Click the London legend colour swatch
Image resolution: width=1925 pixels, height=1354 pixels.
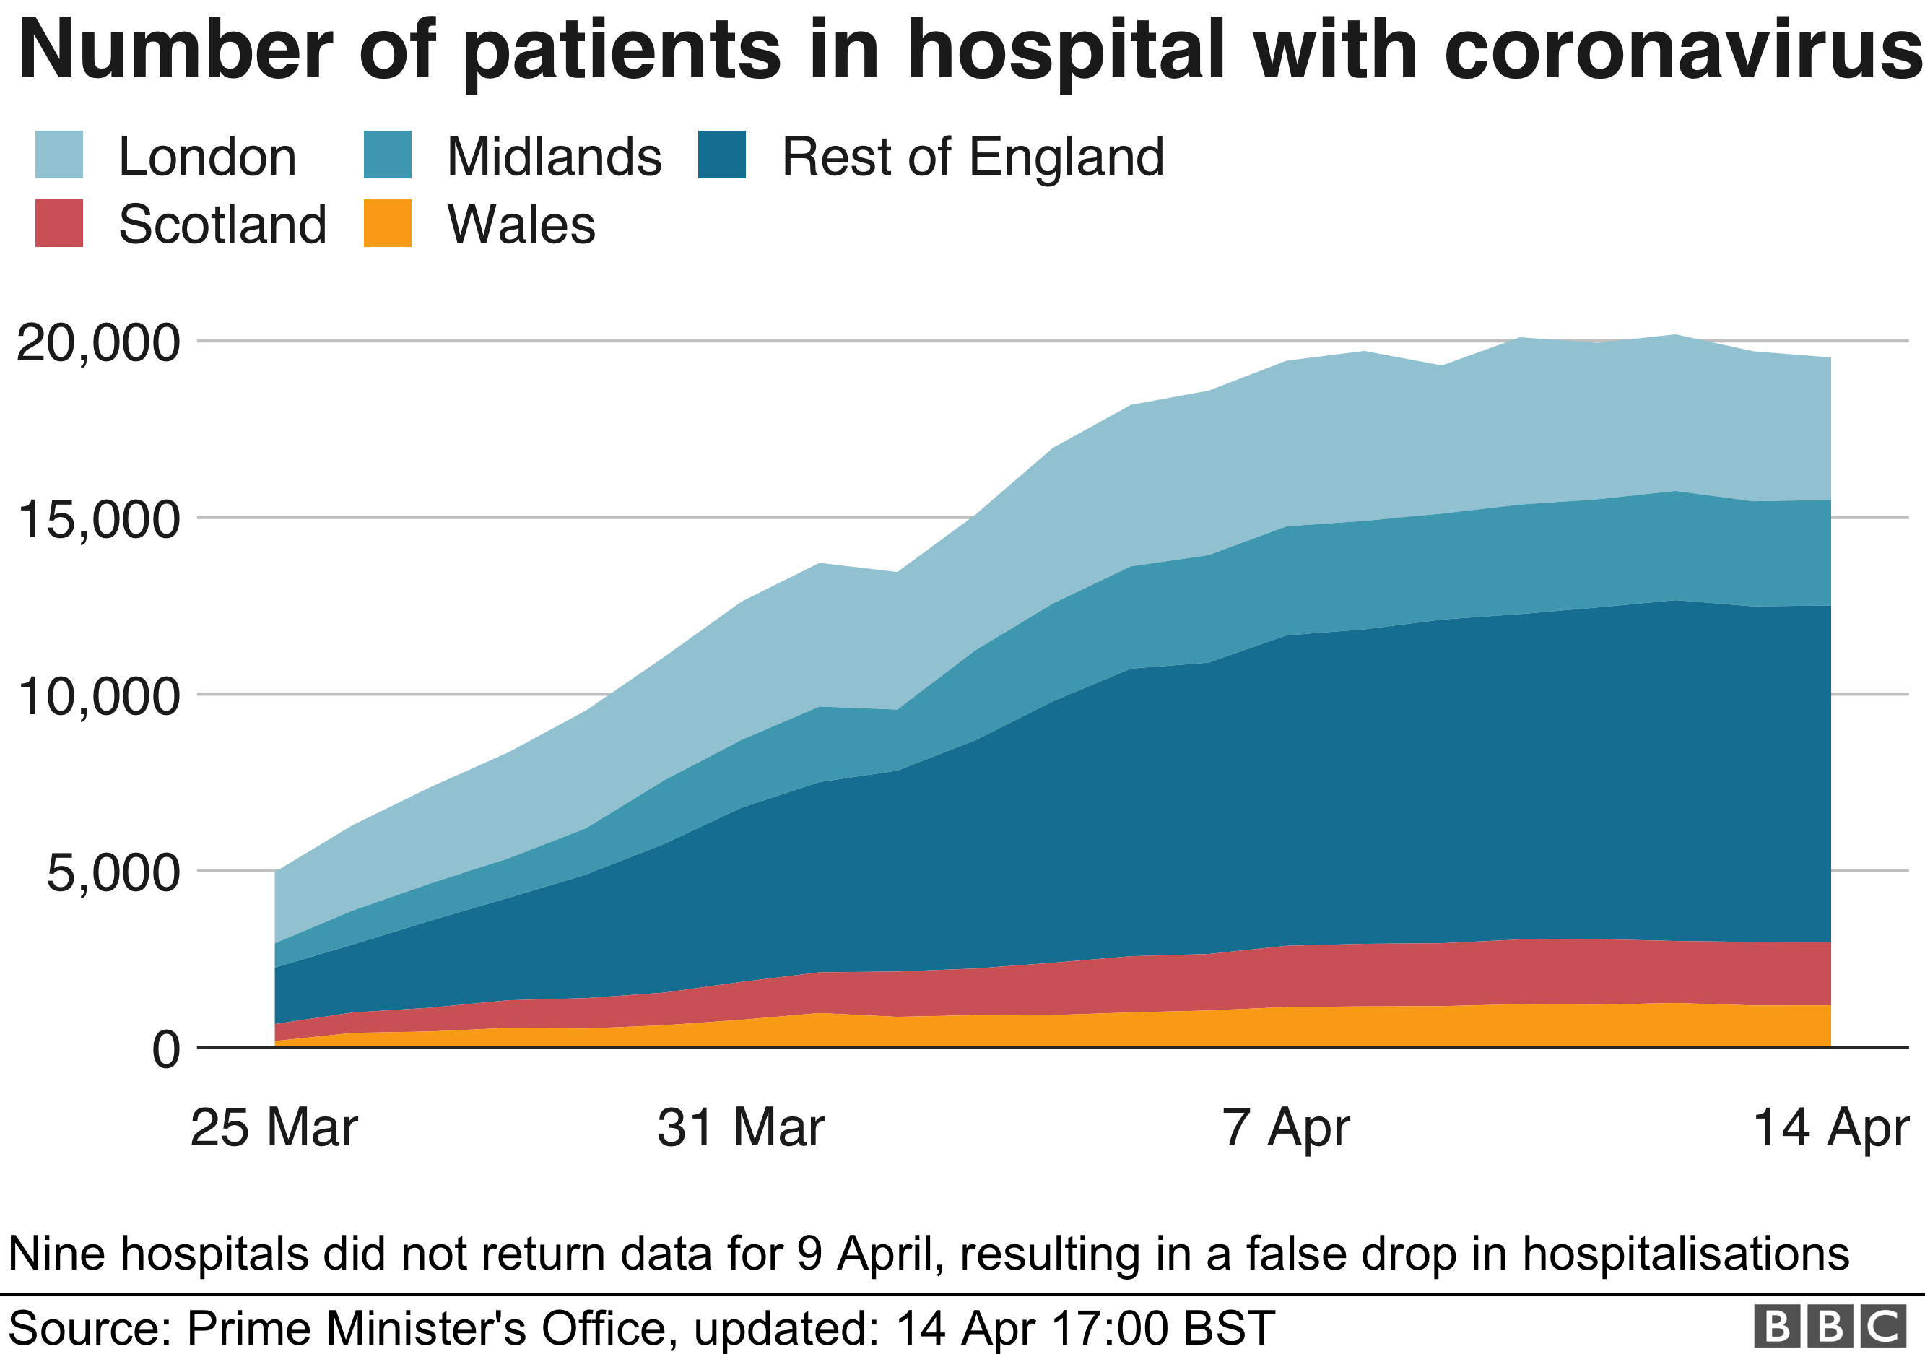click(58, 155)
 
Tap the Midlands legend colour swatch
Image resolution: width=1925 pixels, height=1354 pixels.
click(387, 155)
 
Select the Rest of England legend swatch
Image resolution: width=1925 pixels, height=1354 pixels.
click(722, 155)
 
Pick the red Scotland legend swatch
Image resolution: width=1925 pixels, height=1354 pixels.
click(58, 223)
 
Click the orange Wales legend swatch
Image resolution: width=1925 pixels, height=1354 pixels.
click(387, 223)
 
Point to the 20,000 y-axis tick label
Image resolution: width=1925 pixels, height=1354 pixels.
click(98, 342)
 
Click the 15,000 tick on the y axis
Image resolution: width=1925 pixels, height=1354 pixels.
click(98, 519)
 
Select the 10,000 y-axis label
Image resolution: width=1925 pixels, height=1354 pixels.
click(98, 696)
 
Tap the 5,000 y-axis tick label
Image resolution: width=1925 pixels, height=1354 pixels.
click(113, 873)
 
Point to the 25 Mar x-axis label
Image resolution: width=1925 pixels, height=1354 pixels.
click(274, 1129)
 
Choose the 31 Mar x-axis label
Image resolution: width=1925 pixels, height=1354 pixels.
click(740, 1129)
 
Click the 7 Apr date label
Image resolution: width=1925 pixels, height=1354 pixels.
click(1285, 1129)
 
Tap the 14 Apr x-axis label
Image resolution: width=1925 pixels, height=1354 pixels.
click(1830, 1129)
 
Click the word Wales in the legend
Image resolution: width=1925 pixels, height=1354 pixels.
click(521, 225)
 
